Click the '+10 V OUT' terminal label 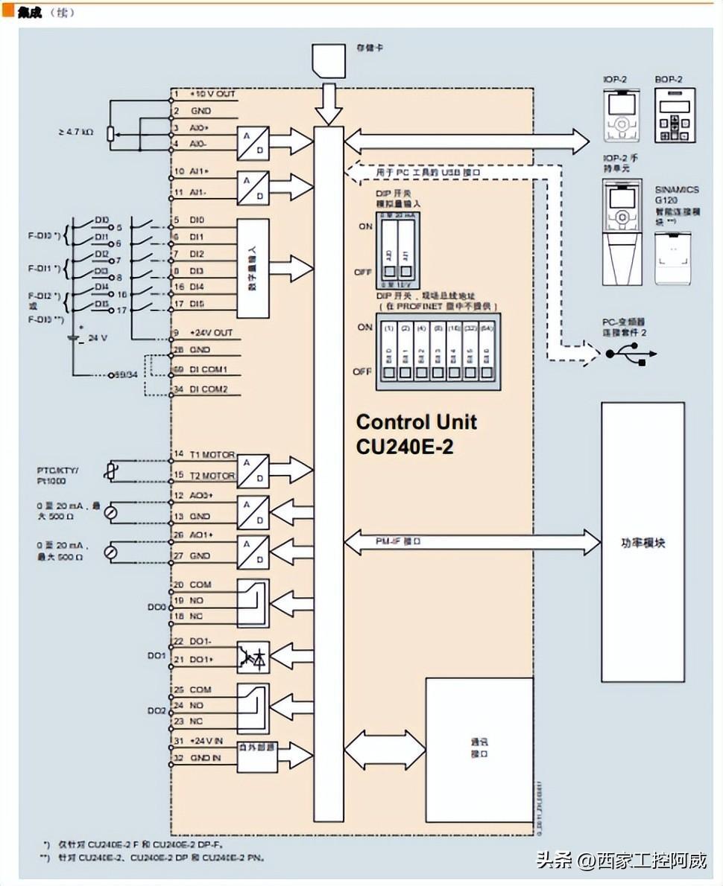pos(212,95)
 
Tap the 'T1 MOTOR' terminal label pos(212,455)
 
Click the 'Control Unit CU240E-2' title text pos(416,434)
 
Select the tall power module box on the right pos(643,542)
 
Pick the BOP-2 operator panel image pos(675,115)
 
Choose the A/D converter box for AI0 pos(253,143)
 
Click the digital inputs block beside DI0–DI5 pos(253,269)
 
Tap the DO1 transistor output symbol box pos(253,657)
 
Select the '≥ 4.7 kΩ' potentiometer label pos(76,133)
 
